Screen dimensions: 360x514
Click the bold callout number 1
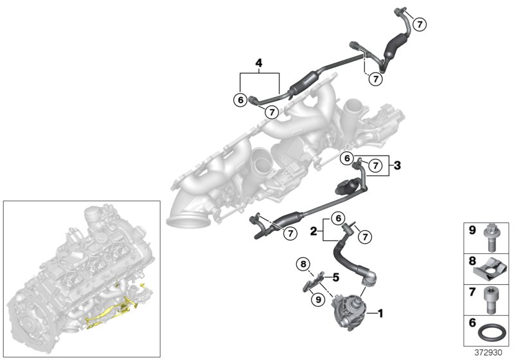[380, 314]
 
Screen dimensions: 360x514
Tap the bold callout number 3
[398, 166]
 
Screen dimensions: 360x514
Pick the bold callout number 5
[335, 278]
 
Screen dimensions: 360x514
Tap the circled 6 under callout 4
[240, 100]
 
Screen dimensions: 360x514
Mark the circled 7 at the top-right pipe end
[419, 24]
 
